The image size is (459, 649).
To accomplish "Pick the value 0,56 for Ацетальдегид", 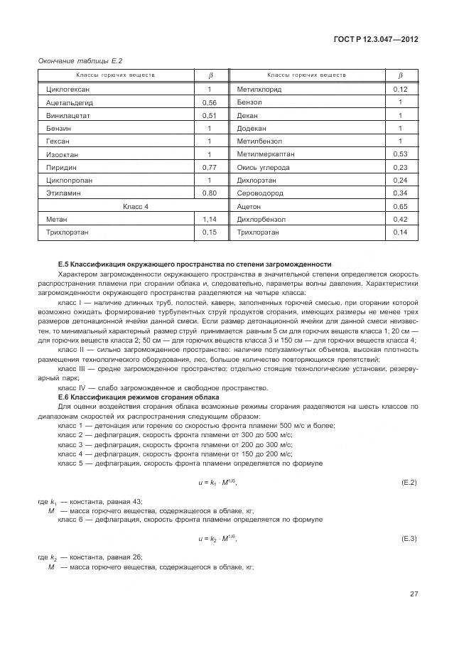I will [x=209, y=102].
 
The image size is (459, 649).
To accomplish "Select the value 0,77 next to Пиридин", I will [x=209, y=167].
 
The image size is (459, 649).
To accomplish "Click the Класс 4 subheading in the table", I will [x=136, y=206].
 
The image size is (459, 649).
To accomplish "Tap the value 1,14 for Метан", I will [x=209, y=219].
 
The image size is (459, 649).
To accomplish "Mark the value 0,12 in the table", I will [x=400, y=90].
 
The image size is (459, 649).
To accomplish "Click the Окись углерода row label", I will [x=263, y=167].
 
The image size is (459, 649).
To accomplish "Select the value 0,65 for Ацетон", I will [x=400, y=206].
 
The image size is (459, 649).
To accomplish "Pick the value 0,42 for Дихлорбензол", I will [x=400, y=219].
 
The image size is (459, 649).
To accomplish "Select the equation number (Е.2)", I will [x=409, y=483].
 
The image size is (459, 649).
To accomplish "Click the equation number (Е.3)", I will [x=409, y=539].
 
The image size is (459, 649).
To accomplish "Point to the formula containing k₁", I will [x=217, y=483].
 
